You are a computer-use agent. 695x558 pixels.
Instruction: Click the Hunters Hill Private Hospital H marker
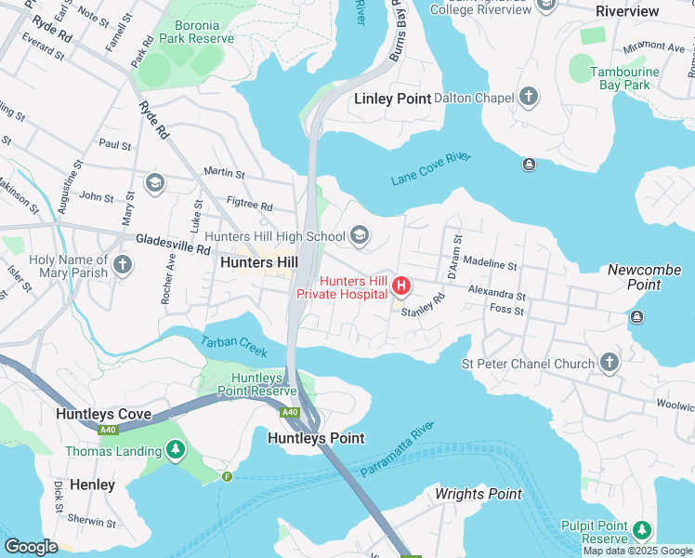click(x=401, y=285)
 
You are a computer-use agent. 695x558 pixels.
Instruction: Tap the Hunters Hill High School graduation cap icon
click(x=359, y=235)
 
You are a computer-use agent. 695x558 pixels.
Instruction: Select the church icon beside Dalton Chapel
click(x=529, y=97)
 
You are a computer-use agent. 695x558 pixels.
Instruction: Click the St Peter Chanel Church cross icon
click(x=609, y=363)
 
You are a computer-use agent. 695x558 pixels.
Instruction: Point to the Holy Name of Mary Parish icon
click(x=122, y=266)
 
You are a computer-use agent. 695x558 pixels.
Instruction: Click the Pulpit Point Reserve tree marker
click(x=641, y=530)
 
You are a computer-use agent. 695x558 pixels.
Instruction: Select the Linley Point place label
click(x=393, y=99)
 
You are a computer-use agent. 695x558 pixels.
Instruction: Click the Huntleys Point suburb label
click(x=316, y=437)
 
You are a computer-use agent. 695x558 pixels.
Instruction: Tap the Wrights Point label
click(x=479, y=494)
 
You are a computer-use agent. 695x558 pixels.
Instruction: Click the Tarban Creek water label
click(x=234, y=346)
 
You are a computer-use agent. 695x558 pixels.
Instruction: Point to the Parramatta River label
click(x=398, y=448)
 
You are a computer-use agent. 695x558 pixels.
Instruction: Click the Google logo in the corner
click(x=31, y=547)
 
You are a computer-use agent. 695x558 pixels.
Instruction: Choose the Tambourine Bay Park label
click(x=625, y=78)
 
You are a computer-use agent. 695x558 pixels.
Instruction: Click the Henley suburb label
click(x=93, y=485)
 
